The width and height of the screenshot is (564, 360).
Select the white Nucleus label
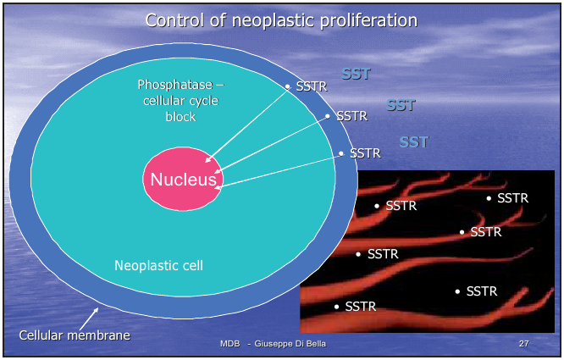click(x=183, y=180)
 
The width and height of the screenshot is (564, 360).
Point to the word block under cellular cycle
click(x=180, y=116)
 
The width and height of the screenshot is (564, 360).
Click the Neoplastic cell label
click(x=158, y=266)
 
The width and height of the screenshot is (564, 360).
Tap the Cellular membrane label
click(x=75, y=335)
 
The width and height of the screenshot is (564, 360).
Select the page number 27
click(x=523, y=344)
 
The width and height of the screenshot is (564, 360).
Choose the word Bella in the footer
click(x=312, y=344)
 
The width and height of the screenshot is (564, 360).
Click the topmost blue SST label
click(x=357, y=74)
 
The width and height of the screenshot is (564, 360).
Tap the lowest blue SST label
click(x=414, y=141)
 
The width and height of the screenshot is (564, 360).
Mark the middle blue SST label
click(x=401, y=106)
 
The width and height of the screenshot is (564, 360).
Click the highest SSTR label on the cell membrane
click(x=311, y=86)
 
